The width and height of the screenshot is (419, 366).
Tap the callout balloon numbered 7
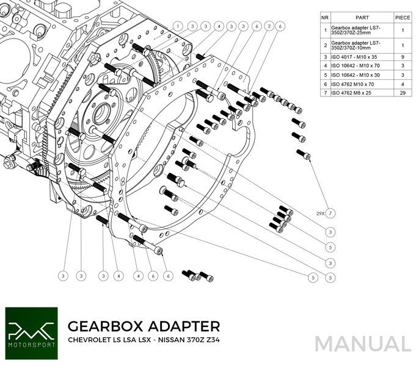pyautogui.click(x=330, y=213)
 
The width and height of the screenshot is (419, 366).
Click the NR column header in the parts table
pyautogui.click(x=326, y=18)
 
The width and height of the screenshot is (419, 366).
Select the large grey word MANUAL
pyautogui.click(x=362, y=343)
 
